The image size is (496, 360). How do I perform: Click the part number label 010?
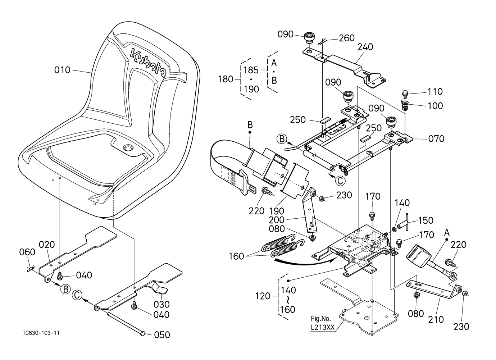[62, 70]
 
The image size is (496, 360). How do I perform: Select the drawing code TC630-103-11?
[41, 333]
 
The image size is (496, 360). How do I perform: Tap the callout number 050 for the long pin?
[162, 335]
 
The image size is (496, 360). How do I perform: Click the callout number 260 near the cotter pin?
[347, 38]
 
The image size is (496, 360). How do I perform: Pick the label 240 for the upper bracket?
[365, 47]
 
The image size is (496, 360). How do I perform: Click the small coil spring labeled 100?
[405, 105]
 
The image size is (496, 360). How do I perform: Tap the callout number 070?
[436, 139]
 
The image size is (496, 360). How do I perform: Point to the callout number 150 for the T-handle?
[426, 220]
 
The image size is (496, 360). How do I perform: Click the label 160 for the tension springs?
[236, 256]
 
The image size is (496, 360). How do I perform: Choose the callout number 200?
[277, 220]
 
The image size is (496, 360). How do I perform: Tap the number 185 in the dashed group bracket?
[251, 70]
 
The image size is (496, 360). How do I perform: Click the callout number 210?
[436, 319]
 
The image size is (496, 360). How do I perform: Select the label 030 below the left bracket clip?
[161, 304]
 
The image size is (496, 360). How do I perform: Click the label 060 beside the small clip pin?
[27, 252]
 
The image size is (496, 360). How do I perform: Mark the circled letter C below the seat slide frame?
[340, 181]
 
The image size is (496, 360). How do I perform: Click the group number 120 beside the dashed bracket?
[263, 296]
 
